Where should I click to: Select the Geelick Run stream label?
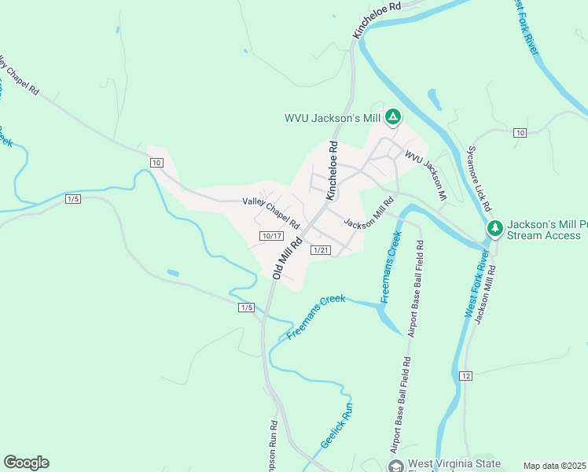pyautogui.click(x=337, y=427)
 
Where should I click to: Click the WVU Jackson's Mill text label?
pyautogui.click(x=333, y=119)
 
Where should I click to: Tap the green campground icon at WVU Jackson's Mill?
pyautogui.click(x=394, y=118)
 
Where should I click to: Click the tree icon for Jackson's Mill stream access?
pyautogui.click(x=494, y=228)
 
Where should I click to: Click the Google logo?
pyautogui.click(x=26, y=463)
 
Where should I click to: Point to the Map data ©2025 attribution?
pyautogui.click(x=554, y=466)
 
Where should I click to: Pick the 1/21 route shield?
pyautogui.click(x=321, y=250)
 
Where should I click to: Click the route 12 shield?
pyautogui.click(x=466, y=375)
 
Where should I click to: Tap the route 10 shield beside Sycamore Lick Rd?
pyautogui.click(x=520, y=132)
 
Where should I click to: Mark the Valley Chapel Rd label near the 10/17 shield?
pyautogui.click(x=271, y=212)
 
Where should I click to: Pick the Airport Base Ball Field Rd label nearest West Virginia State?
pyautogui.click(x=399, y=405)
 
